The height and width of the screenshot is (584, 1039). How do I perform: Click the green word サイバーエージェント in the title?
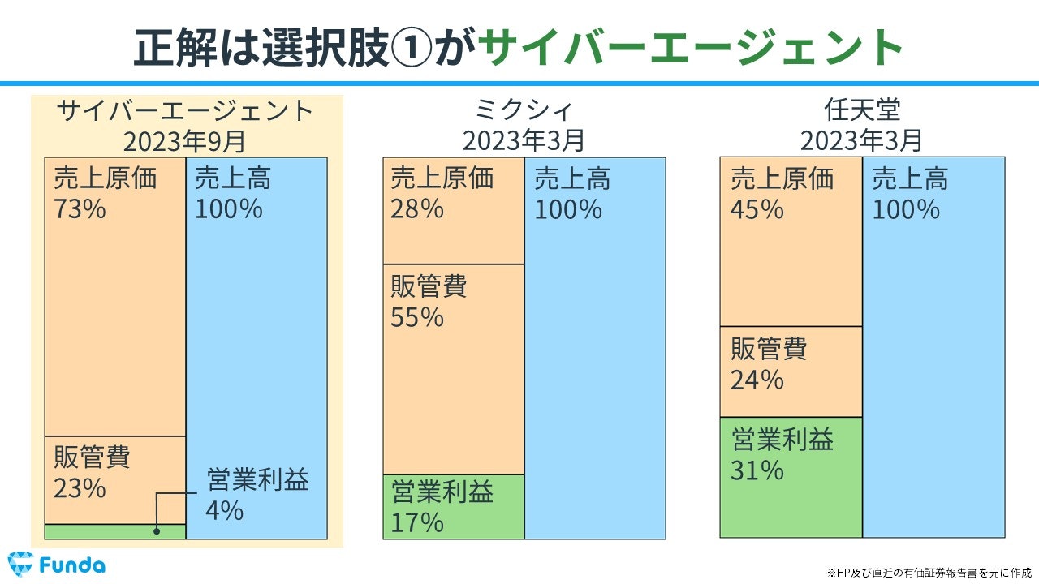click(x=690, y=47)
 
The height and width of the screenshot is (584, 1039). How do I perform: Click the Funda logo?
click(x=56, y=565)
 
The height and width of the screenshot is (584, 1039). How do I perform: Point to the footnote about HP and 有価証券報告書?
click(x=929, y=571)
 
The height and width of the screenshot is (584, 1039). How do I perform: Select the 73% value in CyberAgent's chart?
click(x=80, y=209)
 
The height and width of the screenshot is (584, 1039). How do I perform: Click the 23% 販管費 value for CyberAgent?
click(x=80, y=489)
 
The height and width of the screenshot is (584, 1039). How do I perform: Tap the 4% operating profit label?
click(x=224, y=511)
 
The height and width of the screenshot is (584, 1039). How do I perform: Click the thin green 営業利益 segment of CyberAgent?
click(x=114, y=531)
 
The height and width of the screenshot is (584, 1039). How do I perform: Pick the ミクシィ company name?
click(x=524, y=109)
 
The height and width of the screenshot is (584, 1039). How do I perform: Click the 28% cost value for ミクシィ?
click(x=417, y=209)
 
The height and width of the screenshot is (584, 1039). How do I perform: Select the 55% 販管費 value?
click(x=417, y=317)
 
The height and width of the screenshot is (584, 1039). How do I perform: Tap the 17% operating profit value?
click(x=417, y=522)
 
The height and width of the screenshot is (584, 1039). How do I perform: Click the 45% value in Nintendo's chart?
click(x=757, y=209)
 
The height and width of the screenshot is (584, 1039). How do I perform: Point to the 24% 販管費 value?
click(x=757, y=380)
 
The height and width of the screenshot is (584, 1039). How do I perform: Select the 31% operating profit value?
click(x=757, y=470)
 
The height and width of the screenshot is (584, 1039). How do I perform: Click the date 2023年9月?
click(x=184, y=141)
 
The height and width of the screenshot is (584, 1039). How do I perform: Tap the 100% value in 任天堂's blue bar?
click(x=906, y=209)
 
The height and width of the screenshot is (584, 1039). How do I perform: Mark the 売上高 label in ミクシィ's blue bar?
click(x=572, y=178)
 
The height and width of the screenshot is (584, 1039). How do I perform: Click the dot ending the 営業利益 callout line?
click(x=157, y=531)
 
